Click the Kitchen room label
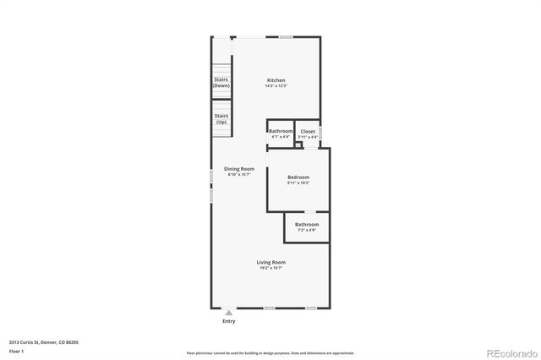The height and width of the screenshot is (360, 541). tap(276, 80)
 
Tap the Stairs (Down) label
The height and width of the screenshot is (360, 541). tap(221, 83)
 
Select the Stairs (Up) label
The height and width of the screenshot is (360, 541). tap(221, 119)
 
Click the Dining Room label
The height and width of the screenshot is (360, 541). tap(239, 168)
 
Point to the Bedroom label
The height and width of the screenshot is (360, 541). tap(298, 177)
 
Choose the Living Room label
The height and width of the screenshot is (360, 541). tap(271, 262)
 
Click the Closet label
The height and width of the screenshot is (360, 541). tap(308, 131)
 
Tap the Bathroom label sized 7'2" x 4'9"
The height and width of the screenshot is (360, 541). tap(307, 224)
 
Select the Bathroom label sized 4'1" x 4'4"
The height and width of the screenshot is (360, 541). tap(281, 131)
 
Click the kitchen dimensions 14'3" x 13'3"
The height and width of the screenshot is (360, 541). tap(276, 86)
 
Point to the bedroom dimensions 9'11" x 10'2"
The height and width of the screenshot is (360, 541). tap(298, 183)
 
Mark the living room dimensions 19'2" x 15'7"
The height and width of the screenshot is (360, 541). tap(271, 268)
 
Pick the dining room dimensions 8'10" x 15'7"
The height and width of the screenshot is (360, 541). tap(239, 174)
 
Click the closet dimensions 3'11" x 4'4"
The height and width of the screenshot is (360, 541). tap(308, 137)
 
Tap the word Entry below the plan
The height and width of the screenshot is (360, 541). tap(229, 321)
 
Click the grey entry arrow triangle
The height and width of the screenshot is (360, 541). tap(228, 313)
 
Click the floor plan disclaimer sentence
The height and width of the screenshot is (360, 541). tap(270, 353)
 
